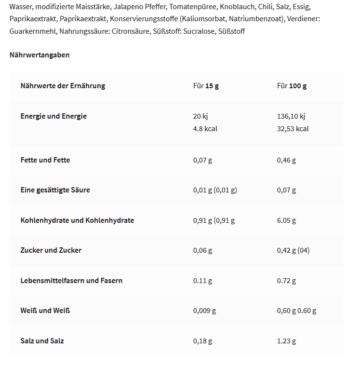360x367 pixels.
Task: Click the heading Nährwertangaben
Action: click(40, 55)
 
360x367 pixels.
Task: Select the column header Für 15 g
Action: click(206, 86)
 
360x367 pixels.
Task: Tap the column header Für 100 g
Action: click(292, 86)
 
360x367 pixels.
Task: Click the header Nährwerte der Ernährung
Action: click(63, 86)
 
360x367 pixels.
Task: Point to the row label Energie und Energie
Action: click(53, 116)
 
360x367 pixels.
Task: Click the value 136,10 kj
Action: click(291, 116)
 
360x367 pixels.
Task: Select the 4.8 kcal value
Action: click(205, 129)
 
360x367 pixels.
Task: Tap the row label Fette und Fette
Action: click(45, 160)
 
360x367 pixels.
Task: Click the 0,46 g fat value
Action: click(286, 160)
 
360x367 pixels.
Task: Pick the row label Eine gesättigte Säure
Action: click(55, 190)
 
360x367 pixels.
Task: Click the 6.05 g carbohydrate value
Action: click(286, 220)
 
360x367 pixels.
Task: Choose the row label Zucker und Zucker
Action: click(51, 250)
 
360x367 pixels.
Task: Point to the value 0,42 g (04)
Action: click(293, 250)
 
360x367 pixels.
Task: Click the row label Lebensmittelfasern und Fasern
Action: click(71, 280)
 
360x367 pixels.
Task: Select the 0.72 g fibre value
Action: click(286, 281)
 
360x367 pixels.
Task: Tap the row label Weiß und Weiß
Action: click(45, 311)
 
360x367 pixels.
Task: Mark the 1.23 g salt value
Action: click(286, 341)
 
